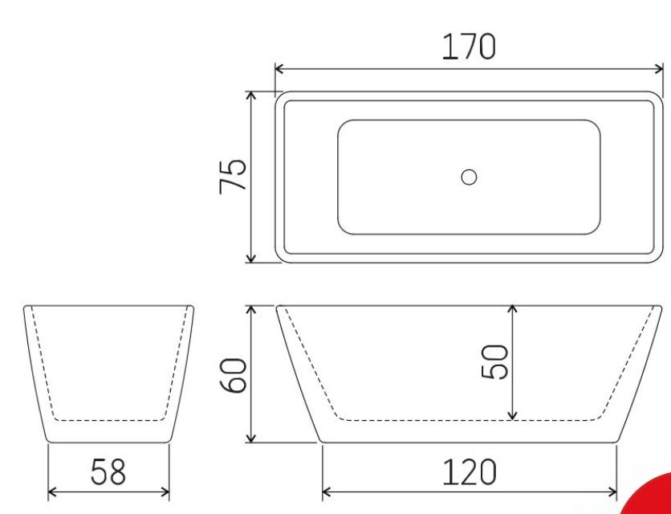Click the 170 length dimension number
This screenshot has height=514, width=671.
469,47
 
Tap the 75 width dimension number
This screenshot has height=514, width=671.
233,177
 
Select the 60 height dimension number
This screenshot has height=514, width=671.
234,376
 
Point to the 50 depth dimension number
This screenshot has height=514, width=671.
494,362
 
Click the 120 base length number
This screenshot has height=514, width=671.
470,472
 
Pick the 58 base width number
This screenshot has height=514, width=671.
108,472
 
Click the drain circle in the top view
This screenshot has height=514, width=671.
469,177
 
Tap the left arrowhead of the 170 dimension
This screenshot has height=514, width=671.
279,68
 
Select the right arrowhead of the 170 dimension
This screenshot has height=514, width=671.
658,68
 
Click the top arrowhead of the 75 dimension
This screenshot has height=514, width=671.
251,96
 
